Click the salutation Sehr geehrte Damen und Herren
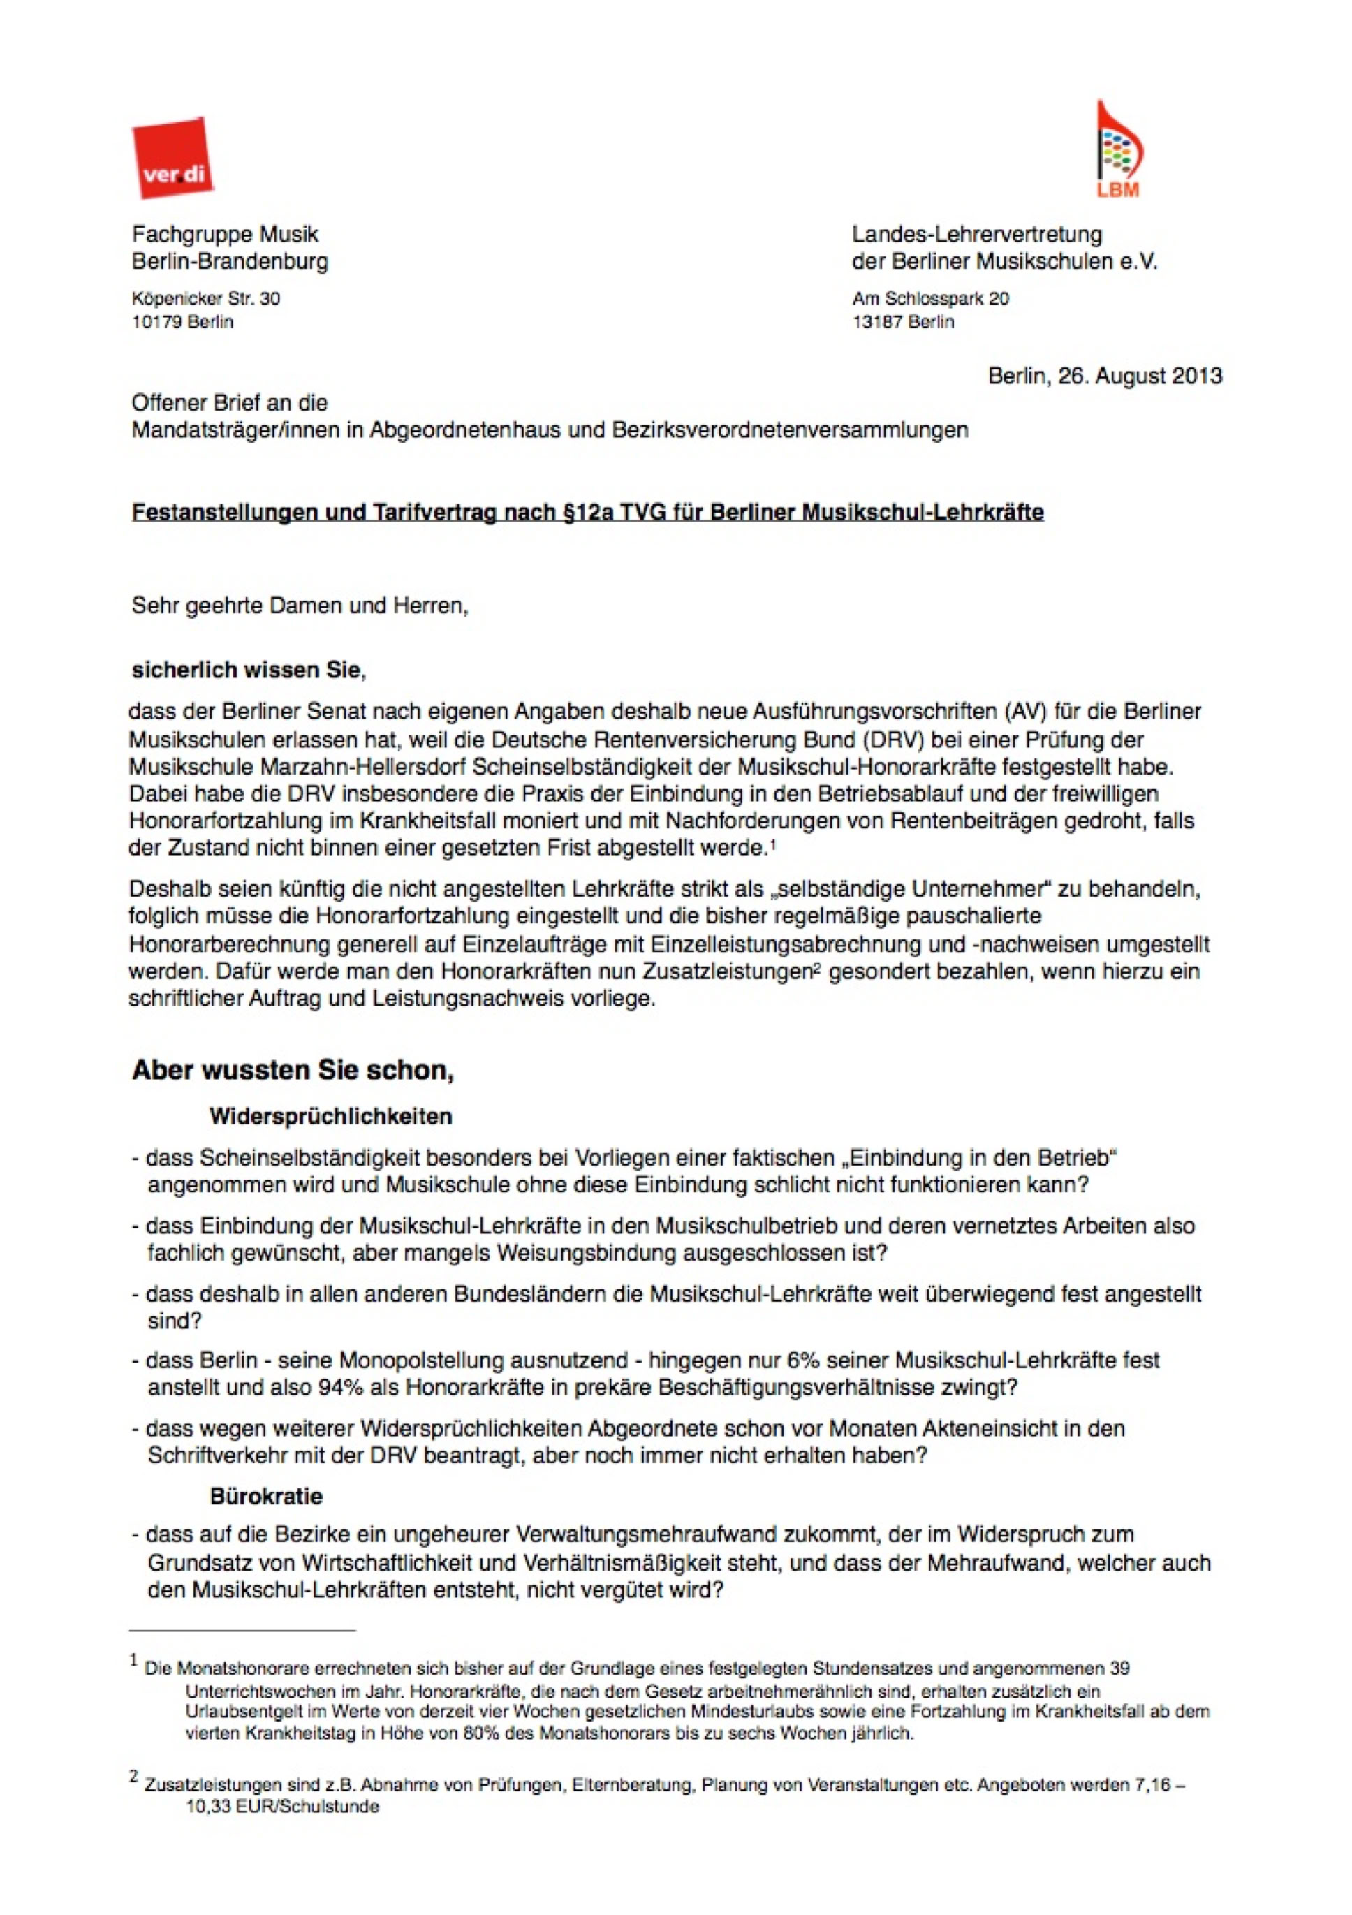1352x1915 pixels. (300, 606)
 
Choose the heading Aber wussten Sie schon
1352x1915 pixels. (292, 1070)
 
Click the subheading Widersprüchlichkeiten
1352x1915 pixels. (330, 1116)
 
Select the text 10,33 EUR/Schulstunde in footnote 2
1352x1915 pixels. (282, 1807)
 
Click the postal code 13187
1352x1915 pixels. (876, 322)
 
